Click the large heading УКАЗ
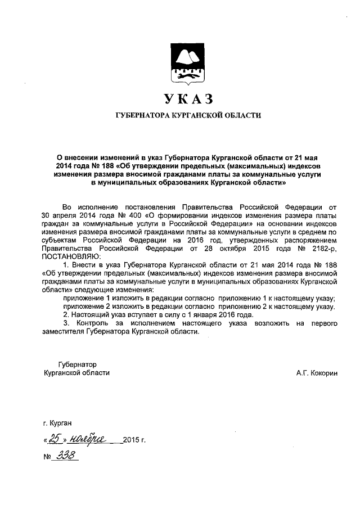point(188,100)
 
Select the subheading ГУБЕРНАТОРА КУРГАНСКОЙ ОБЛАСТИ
point(188,116)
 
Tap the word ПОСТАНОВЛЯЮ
point(70,256)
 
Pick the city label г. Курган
point(57,422)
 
